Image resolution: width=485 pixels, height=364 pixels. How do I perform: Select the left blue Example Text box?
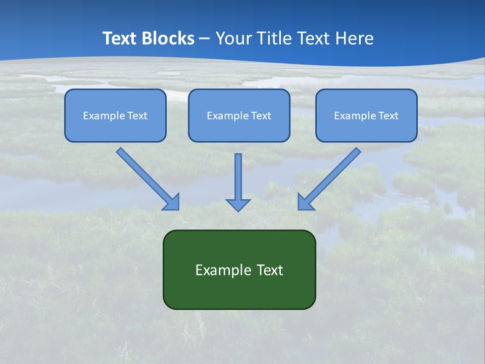(x=115, y=115)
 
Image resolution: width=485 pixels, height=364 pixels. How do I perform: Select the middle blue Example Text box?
(x=239, y=115)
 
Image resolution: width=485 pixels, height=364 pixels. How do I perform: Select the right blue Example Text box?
(x=366, y=115)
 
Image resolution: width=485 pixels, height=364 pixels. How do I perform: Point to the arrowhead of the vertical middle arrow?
(x=238, y=204)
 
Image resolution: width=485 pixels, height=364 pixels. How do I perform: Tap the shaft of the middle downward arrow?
(x=238, y=174)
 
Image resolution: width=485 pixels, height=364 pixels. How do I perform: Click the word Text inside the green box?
(x=270, y=270)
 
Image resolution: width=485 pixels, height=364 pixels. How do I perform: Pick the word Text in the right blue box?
(x=388, y=116)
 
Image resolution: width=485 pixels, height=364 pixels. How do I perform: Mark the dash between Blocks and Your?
(x=205, y=39)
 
